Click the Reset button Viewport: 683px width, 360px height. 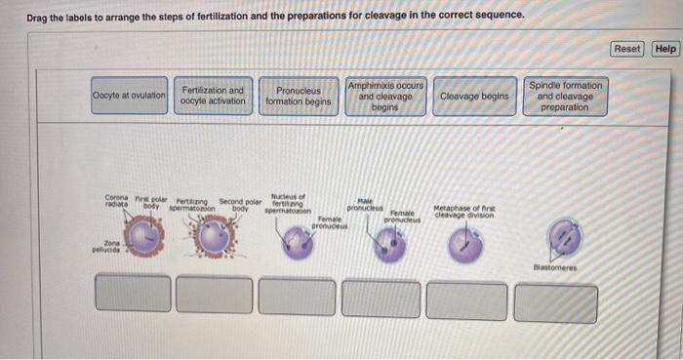click(628, 49)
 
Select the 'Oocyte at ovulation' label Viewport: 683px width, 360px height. click(130, 97)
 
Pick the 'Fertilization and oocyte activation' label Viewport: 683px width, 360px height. click(213, 97)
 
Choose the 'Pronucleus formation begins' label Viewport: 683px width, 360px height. click(299, 97)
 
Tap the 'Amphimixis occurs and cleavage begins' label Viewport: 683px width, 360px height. click(384, 97)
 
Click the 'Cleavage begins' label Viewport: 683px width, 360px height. click(474, 97)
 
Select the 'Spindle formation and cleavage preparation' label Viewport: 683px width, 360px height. click(565, 97)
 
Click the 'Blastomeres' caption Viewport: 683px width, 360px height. click(556, 266)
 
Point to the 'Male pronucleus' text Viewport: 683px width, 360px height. click(365, 205)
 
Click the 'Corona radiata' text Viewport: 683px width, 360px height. click(116, 202)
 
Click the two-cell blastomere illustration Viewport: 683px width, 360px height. click(563, 237)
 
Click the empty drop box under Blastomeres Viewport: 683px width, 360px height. click(556, 302)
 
